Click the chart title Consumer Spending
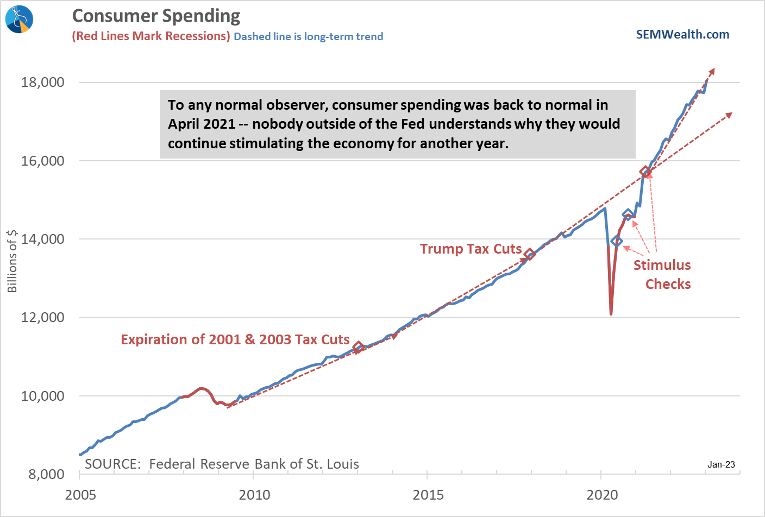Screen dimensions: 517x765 [156, 16]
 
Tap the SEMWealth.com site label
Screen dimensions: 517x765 [682, 35]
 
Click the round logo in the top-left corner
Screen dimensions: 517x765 [20, 19]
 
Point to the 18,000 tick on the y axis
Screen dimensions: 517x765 [42, 83]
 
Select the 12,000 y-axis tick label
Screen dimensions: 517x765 [42, 318]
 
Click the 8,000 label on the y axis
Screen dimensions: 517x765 [46, 475]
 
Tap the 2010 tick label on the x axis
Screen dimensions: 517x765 [254, 495]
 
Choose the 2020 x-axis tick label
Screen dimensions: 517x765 [602, 495]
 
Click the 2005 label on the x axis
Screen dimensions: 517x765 [80, 495]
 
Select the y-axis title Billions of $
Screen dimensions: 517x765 [12, 261]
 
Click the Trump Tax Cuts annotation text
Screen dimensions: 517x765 [471, 249]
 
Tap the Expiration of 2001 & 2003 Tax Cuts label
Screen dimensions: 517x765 [235, 339]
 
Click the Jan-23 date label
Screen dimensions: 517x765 [721, 464]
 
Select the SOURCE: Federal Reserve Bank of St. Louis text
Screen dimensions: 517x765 [222, 464]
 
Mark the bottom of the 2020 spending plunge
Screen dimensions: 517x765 [611, 313]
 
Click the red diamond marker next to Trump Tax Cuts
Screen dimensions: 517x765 [530, 254]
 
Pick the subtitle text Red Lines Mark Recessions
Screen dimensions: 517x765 [151, 36]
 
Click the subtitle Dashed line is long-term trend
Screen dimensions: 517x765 [308, 36]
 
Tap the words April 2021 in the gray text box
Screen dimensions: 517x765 [201, 124]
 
